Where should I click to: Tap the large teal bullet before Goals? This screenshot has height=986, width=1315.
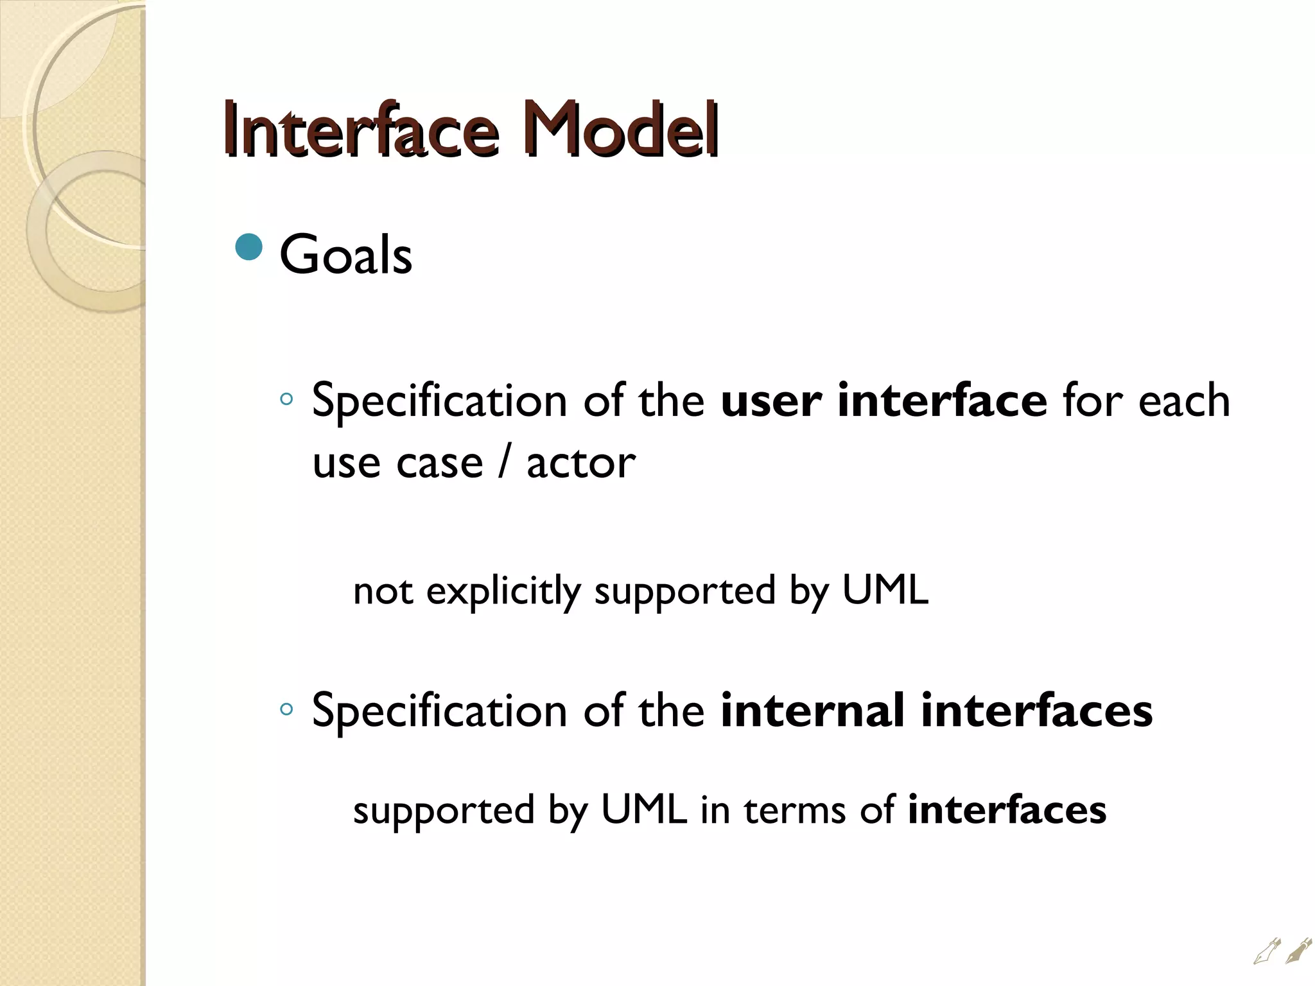pos(249,248)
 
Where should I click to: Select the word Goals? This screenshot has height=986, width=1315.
pos(345,255)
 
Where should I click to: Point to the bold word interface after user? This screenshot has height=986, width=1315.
pos(942,401)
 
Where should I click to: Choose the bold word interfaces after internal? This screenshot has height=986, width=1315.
pos(1036,711)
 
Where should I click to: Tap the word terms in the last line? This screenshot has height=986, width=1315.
pos(794,810)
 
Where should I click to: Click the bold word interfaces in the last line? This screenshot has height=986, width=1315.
pos(1007,810)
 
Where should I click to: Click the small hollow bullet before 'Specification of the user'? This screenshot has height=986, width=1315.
pos(286,401)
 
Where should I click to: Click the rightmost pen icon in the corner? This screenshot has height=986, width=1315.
pos(1298,951)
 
